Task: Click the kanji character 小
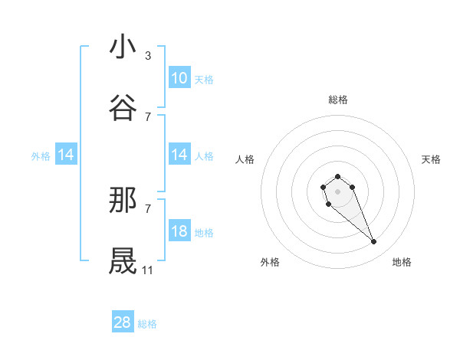click(x=123, y=47)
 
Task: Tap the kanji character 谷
click(x=123, y=108)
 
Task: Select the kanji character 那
click(x=123, y=200)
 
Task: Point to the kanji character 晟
click(x=123, y=261)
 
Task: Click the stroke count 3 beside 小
click(x=147, y=56)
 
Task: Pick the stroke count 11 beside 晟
click(x=148, y=270)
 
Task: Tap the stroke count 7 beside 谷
click(x=147, y=116)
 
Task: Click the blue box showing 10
click(x=179, y=78)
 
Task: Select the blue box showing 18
click(x=179, y=232)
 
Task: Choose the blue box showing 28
click(x=123, y=322)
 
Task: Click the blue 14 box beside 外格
click(x=66, y=155)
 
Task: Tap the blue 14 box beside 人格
click(x=179, y=155)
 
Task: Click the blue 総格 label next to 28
click(x=147, y=324)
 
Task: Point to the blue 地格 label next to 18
click(x=204, y=233)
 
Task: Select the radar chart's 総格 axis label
click(x=338, y=100)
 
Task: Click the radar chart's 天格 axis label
click(x=431, y=159)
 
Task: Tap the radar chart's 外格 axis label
click(x=270, y=262)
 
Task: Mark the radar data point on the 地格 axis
click(x=374, y=242)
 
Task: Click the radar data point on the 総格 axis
click(x=338, y=176)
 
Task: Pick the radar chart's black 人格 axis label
click(x=245, y=159)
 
